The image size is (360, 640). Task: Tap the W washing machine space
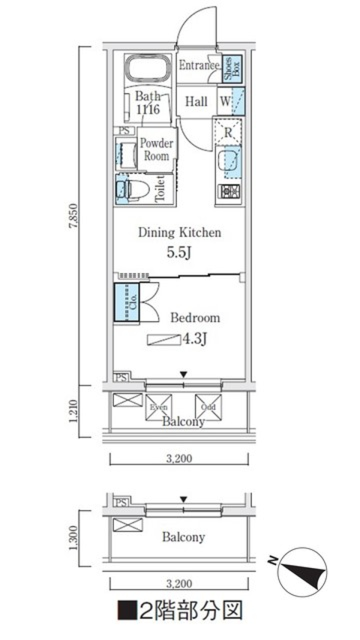(x=225, y=101)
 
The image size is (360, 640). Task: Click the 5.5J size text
(x=179, y=253)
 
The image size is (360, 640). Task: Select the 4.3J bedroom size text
(x=194, y=339)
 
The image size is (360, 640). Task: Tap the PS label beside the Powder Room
(x=124, y=131)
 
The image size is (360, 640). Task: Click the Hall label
(x=196, y=102)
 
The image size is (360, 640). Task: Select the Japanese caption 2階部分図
(x=180, y=610)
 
